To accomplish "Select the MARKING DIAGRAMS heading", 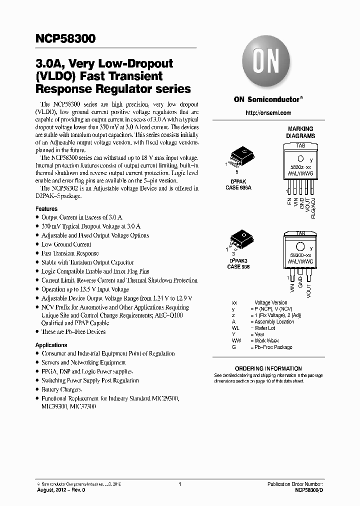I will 300,132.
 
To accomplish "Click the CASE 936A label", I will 238,187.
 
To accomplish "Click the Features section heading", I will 46,208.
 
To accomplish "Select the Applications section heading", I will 51,345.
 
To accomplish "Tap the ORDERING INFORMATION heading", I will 268,368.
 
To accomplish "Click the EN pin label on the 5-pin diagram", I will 289,201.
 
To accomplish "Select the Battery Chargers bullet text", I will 61,389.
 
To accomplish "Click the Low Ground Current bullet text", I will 66,244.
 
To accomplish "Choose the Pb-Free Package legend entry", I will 273,347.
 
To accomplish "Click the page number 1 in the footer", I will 179,484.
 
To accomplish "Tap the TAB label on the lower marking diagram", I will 300,233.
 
